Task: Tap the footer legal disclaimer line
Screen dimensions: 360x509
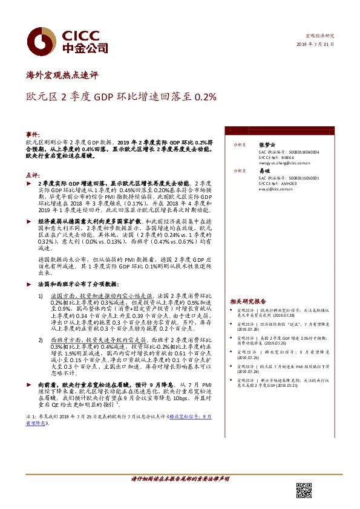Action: point(180,478)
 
